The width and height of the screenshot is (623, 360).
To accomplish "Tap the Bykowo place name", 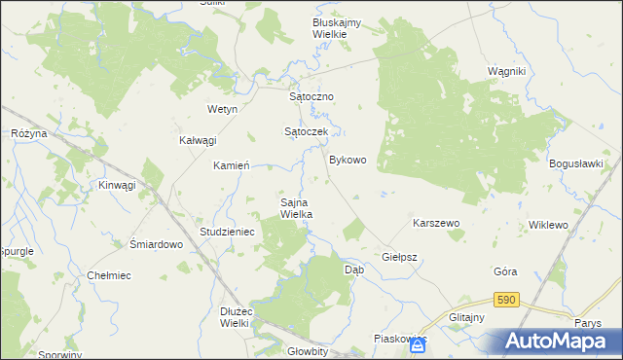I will (x=348, y=160).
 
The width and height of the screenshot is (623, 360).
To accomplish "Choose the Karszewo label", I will (x=436, y=223).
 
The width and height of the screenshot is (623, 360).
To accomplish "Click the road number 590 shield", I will (x=504, y=301).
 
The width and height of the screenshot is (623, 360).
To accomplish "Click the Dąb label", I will (x=354, y=270).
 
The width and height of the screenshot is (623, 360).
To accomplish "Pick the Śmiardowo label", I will (x=157, y=245).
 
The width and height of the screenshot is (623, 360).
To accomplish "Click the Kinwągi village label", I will (x=117, y=185).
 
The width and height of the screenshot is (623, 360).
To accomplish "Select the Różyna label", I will (x=29, y=133).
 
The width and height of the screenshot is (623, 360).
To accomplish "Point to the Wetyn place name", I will (x=223, y=110).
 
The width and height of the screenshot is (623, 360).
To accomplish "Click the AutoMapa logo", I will (x=559, y=341).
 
